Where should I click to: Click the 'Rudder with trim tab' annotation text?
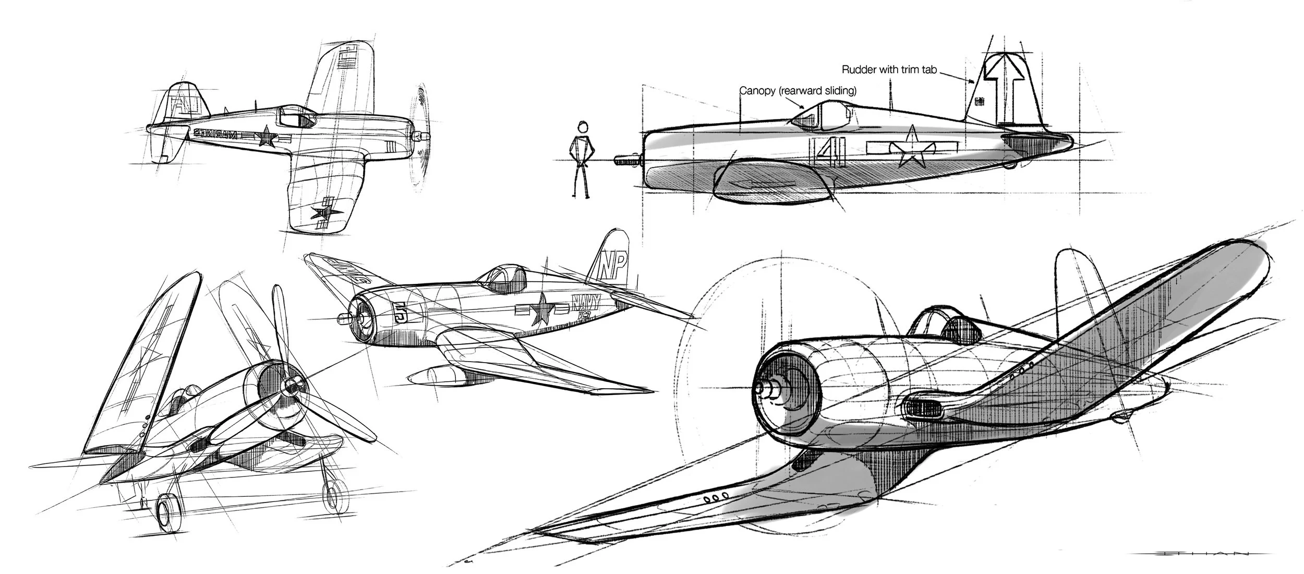point(889,69)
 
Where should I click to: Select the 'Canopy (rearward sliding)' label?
point(799,91)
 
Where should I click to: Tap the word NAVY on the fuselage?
point(585,302)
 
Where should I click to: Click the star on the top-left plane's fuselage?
point(267,137)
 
